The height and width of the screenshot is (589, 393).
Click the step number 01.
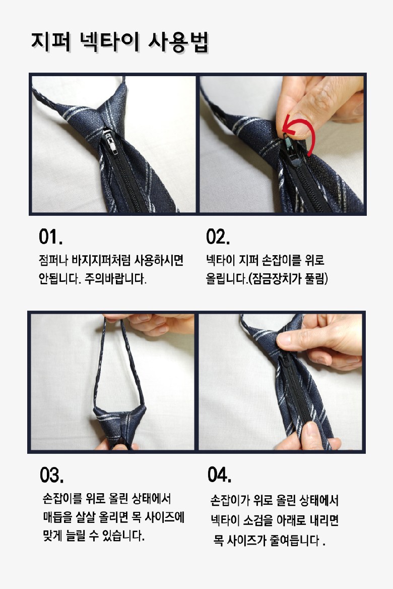pyautogui.click(x=51, y=237)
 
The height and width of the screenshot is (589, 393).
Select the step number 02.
pyautogui.click(x=218, y=237)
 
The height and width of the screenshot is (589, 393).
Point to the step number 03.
pyautogui.click(x=52, y=475)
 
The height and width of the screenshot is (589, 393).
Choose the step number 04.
pyautogui.click(x=219, y=474)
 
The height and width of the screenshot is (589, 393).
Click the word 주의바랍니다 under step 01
pyautogui.click(x=115, y=279)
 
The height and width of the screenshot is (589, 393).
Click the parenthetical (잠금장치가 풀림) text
pyautogui.click(x=288, y=279)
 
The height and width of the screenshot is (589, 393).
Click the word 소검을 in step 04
pyautogui.click(x=257, y=520)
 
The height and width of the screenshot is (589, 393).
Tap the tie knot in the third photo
pyautogui.click(x=119, y=425)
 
